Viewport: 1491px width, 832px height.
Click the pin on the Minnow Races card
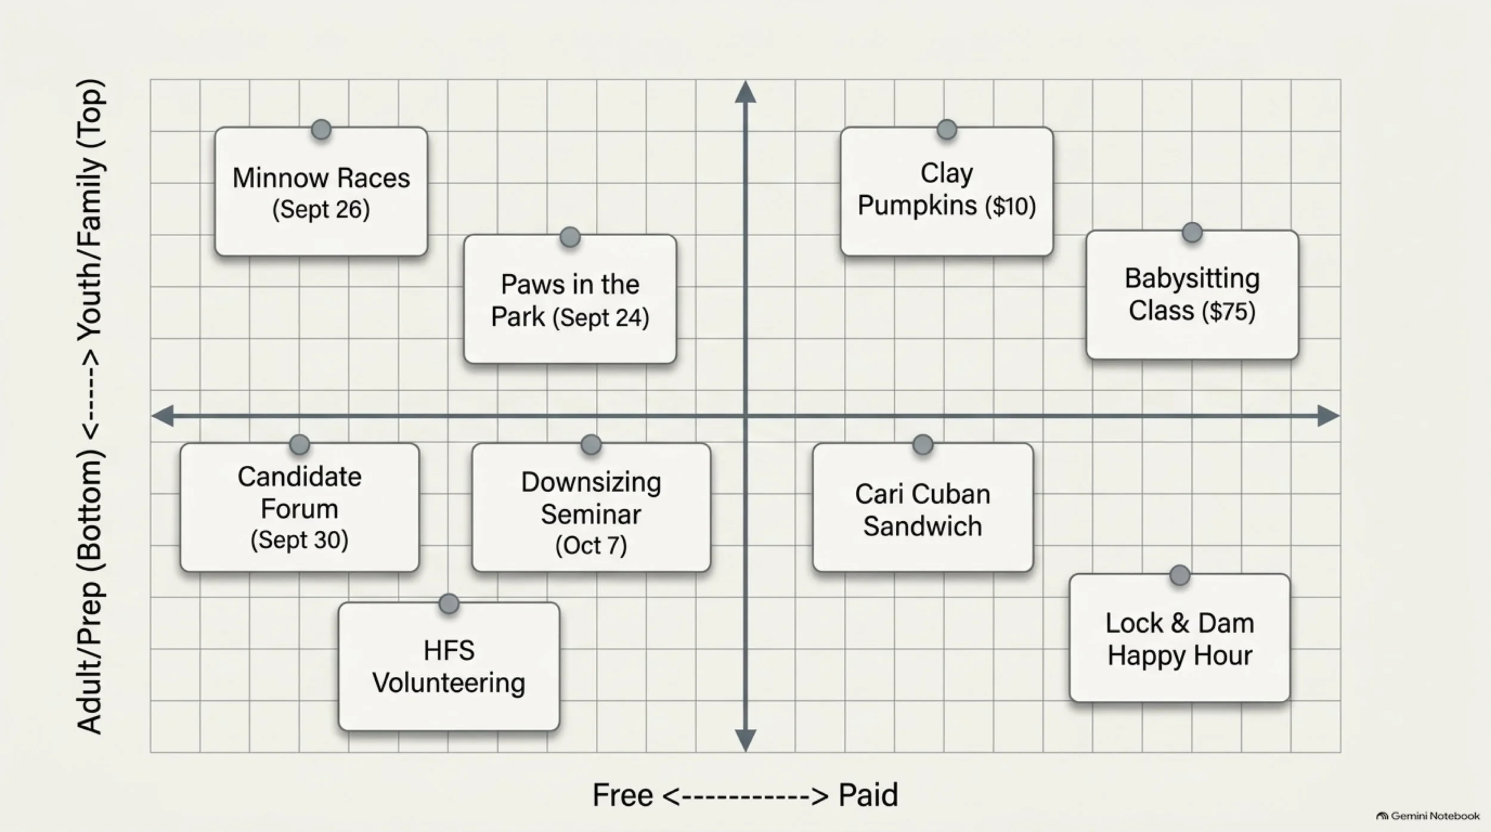coord(321,129)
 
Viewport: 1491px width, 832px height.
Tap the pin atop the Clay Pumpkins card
coord(946,129)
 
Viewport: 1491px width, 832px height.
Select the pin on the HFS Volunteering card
coord(448,604)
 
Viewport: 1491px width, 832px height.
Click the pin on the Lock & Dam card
coord(1180,576)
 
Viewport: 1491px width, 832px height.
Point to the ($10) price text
coord(1010,206)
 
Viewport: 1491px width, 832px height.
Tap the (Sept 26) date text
coord(321,209)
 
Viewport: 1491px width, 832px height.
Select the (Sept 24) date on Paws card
coord(601,317)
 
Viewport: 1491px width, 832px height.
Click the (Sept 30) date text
coord(299,540)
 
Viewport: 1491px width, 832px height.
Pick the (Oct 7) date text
coord(591,545)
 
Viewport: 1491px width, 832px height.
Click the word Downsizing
coord(591,483)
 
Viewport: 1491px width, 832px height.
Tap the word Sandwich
coord(922,526)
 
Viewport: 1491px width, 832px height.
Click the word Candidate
coord(299,477)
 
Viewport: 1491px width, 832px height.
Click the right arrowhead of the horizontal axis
coord(1329,416)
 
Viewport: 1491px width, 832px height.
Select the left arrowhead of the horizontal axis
coord(162,416)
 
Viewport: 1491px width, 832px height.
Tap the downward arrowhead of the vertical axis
coord(745,741)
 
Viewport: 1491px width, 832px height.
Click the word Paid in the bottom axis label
coord(868,795)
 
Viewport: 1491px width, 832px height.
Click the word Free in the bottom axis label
coord(623,795)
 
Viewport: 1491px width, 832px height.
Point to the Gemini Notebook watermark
coord(1428,816)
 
